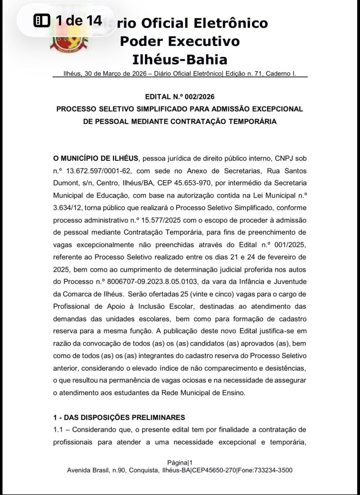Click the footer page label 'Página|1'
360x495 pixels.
pos(180,463)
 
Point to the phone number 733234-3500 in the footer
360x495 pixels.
pos(273,470)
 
